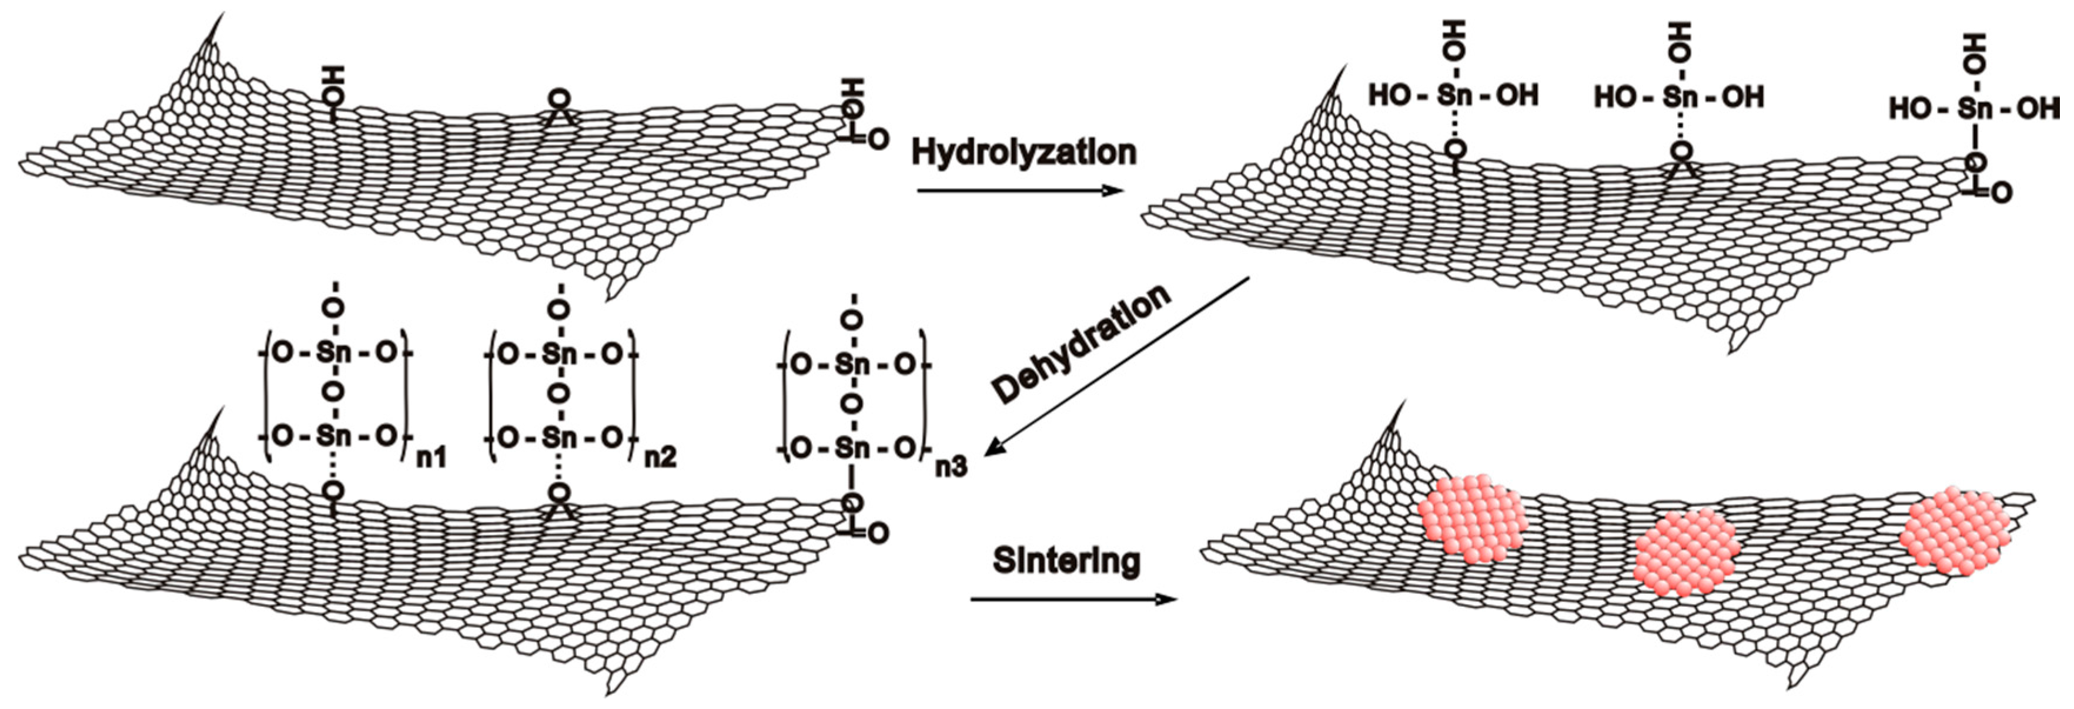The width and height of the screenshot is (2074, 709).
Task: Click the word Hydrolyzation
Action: pos(1023,153)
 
